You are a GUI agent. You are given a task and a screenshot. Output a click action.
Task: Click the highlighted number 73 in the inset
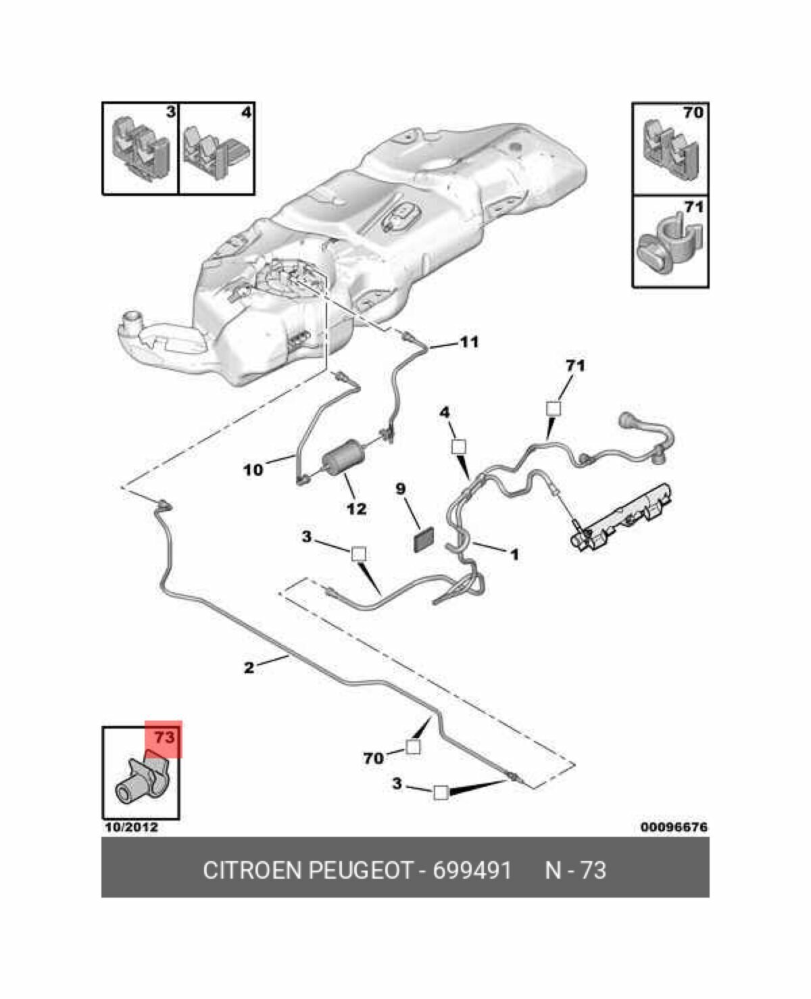coord(164,737)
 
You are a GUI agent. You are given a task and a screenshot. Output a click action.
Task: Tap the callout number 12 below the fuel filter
coord(356,508)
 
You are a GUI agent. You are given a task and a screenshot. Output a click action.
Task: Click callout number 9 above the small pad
coord(401,488)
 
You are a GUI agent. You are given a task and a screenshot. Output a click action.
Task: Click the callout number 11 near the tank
coord(468,342)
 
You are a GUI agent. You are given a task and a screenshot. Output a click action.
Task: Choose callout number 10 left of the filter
coord(253,469)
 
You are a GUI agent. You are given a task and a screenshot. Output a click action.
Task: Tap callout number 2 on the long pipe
coord(249,668)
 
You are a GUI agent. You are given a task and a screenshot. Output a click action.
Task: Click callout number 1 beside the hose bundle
coord(514,555)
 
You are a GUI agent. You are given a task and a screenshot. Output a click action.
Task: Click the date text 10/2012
coord(130,827)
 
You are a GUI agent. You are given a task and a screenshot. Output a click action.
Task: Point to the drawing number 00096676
coord(674,827)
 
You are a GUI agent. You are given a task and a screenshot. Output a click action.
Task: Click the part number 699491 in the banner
coord(472,870)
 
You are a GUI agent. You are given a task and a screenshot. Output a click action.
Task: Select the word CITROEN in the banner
coord(253,870)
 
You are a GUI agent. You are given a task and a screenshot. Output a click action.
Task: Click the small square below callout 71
coord(554,408)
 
